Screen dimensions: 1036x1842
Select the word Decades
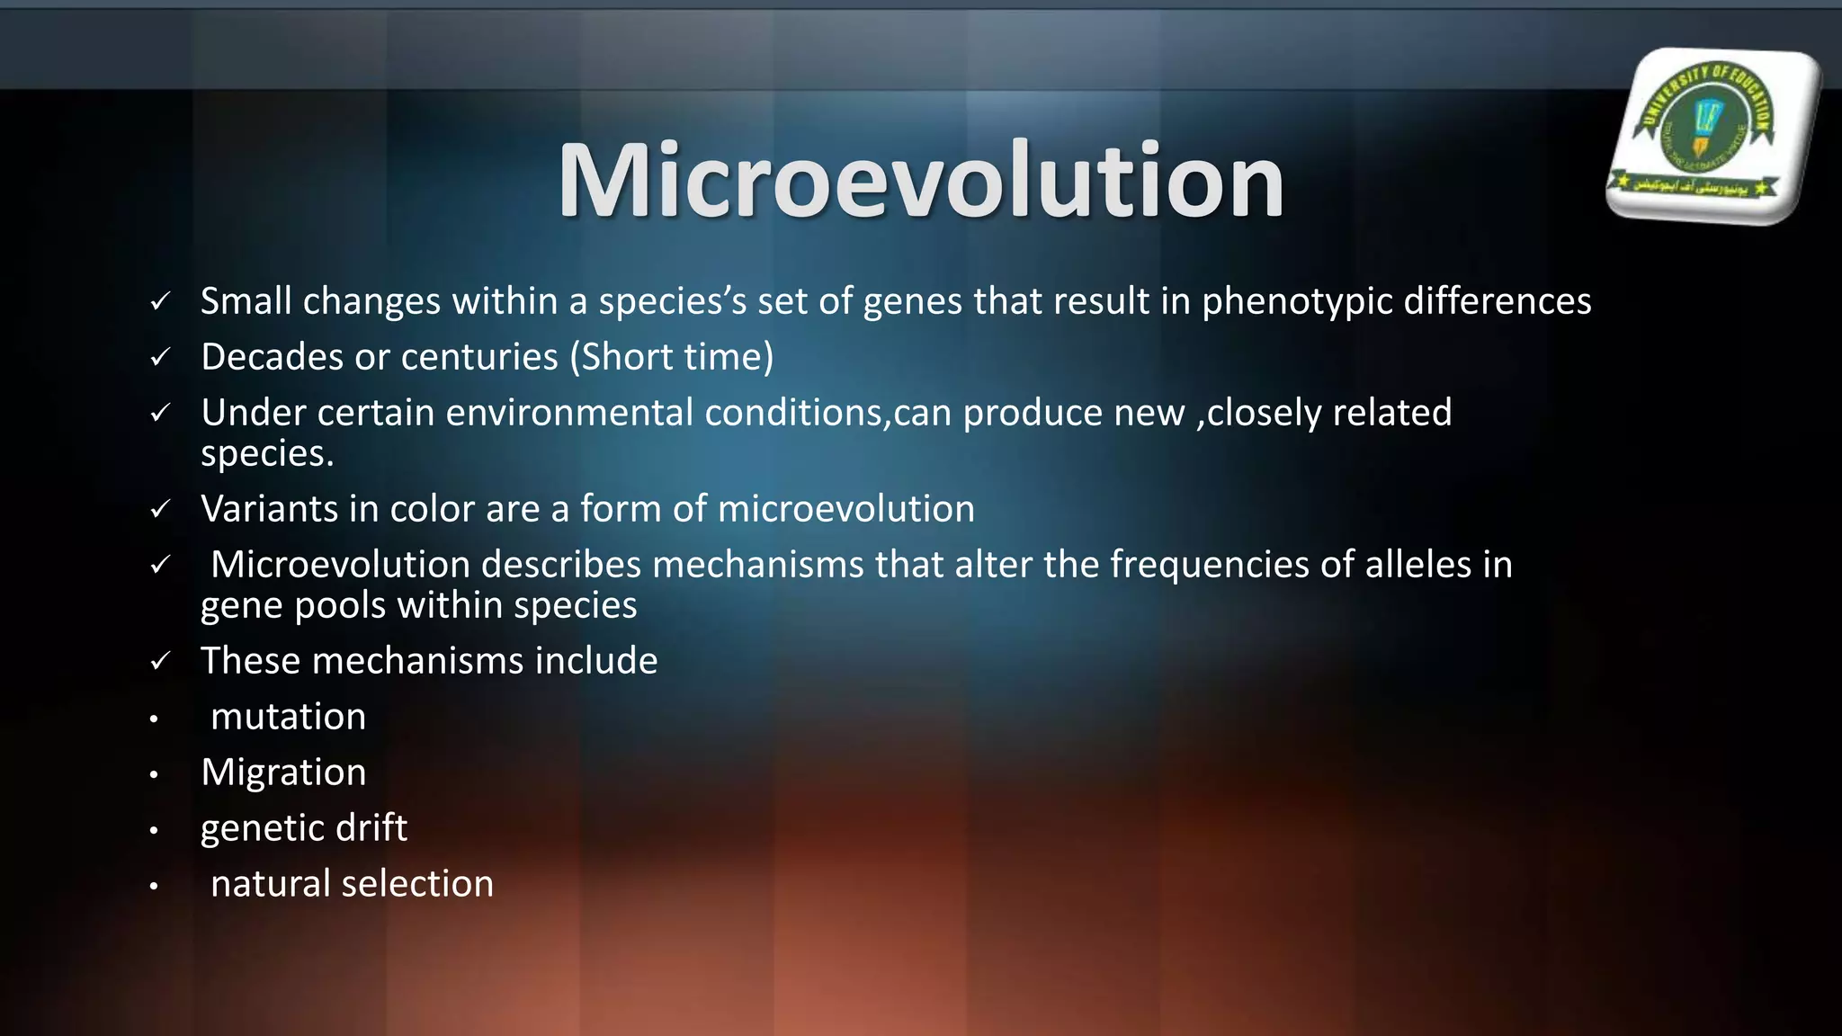[272, 357]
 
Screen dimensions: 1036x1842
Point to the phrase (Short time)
[671, 357]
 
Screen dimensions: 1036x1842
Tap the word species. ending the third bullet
[267, 453]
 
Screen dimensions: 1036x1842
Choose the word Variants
[269, 509]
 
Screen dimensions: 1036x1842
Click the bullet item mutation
[288, 717]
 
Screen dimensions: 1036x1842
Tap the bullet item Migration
[283, 773]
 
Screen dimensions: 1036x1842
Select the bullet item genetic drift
[303, 828]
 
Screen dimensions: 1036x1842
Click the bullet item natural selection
[352, 884]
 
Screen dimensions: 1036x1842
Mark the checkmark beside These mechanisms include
[160, 662]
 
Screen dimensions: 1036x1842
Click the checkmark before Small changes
[160, 302]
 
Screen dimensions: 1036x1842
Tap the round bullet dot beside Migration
[154, 774]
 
